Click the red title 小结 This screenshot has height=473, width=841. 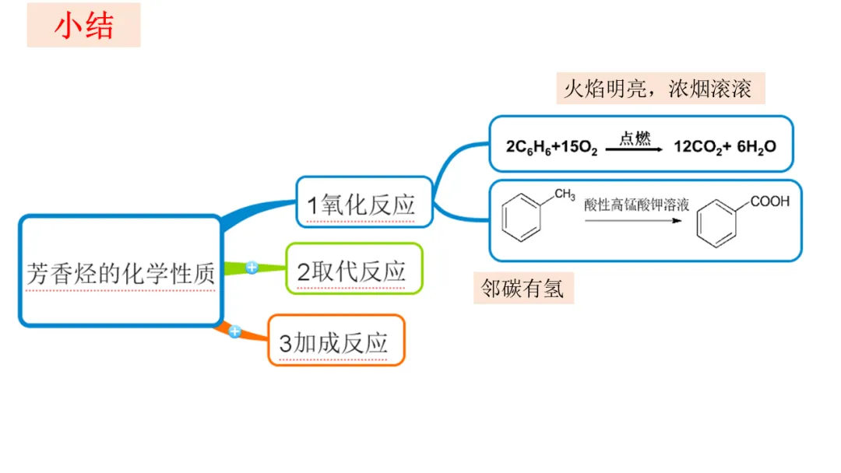pos(83,26)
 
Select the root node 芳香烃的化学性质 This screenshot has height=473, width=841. pos(120,272)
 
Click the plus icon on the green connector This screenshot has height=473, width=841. pos(252,268)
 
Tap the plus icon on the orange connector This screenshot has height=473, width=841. pos(234,332)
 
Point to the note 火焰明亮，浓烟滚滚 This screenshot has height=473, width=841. pos(658,89)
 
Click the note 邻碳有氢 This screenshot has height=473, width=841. pos(523,289)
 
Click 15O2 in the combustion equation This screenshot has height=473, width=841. pos(574,147)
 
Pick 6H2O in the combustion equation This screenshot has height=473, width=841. pos(755,147)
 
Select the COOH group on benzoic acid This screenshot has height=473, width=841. pos(769,201)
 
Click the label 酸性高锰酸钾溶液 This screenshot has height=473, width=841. pos(637,205)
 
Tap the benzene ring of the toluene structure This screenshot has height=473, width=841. pos(523,219)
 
